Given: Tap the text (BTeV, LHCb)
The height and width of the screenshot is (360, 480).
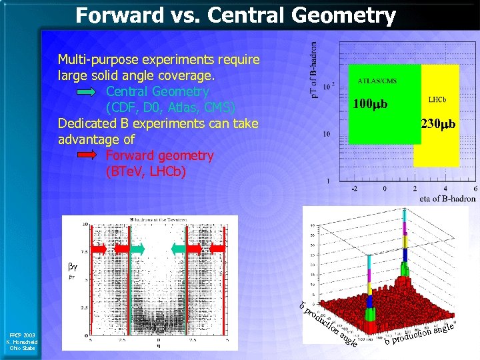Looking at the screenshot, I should pos(146,171).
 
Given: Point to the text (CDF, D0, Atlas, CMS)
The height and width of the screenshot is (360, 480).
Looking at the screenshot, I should pos(171,107).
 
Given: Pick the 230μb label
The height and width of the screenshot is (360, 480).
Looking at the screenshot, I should pos(438,123).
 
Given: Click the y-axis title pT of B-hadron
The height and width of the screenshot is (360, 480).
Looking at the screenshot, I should pos(314,67).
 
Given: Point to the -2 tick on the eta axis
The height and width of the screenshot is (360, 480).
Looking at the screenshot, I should pos(354,189).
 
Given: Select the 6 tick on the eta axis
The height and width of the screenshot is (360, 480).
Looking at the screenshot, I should pos(474,189).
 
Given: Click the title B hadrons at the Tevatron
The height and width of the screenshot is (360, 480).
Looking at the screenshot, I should pos(155,219).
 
